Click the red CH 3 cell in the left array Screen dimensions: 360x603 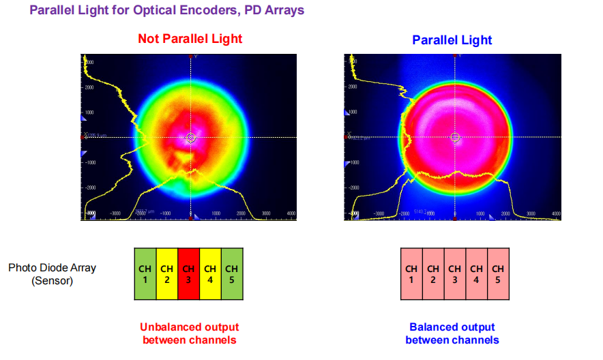tap(189, 274)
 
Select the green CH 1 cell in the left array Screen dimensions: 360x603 tap(145, 274)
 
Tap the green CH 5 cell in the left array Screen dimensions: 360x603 tap(232, 274)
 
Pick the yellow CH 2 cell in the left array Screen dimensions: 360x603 tap(167, 274)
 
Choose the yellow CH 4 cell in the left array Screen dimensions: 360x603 tap(211, 274)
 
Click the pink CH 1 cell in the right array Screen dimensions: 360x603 tap(411, 274)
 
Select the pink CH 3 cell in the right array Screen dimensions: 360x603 tap(455, 274)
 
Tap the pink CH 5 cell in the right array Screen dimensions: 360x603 tap(498, 274)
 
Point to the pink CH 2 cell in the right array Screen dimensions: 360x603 tap(433, 274)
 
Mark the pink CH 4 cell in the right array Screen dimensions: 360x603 tap(477, 274)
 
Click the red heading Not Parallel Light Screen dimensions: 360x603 tap(190, 39)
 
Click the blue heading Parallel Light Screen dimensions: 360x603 tap(452, 40)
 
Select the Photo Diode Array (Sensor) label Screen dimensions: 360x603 tap(52, 273)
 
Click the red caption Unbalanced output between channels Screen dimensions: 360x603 tap(190, 333)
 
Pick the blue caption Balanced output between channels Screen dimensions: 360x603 tap(452, 333)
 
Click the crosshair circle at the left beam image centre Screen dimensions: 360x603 tap(191, 138)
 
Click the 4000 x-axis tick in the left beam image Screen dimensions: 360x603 tap(291, 213)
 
